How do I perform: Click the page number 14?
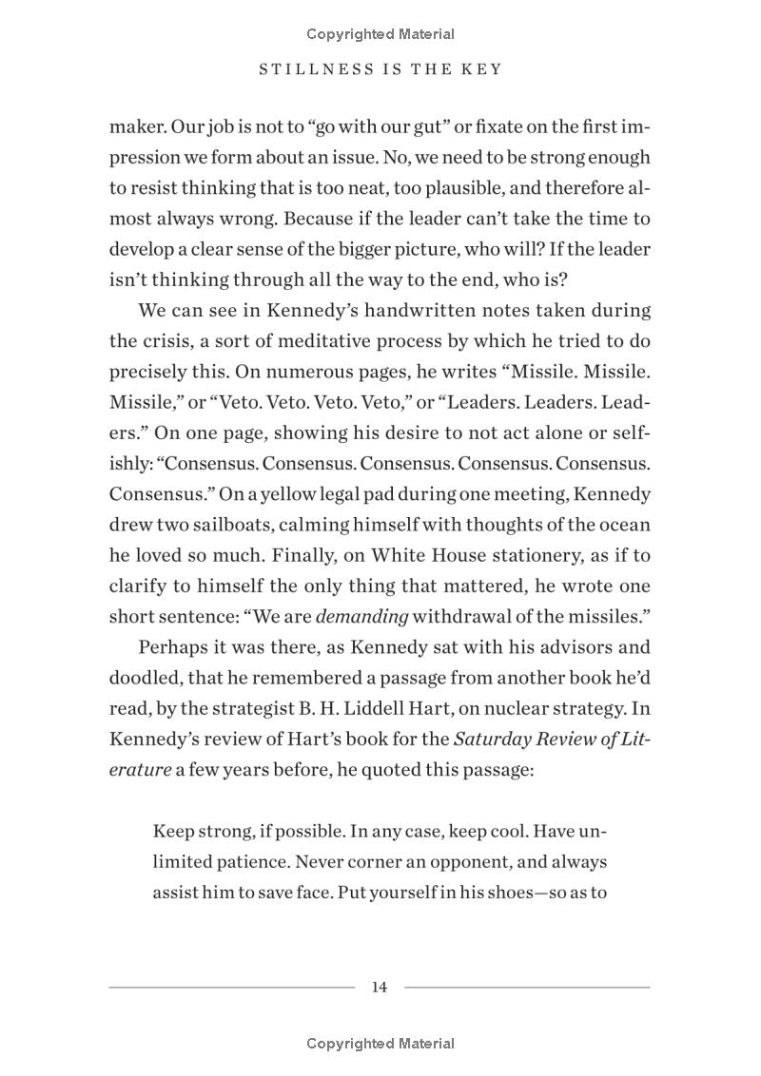[x=380, y=987]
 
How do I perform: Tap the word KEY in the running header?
[x=481, y=70]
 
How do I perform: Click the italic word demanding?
[x=361, y=616]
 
